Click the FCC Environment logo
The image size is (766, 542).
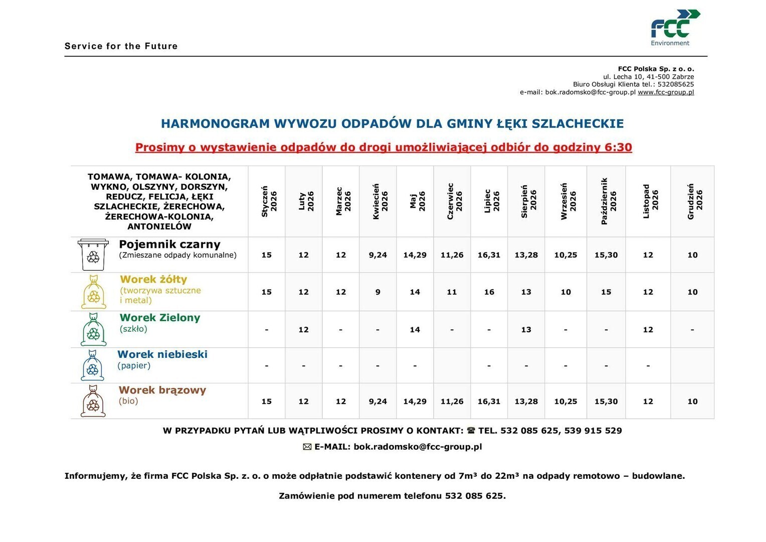pos(675,27)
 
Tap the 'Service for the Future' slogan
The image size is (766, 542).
pos(121,46)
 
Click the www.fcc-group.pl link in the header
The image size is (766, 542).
pos(666,92)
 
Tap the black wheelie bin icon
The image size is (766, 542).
pos(93,254)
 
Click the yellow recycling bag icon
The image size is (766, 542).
pos(94,292)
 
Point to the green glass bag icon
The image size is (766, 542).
pos(94,329)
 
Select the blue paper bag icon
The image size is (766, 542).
pos(93,365)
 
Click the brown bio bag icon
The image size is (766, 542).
pos(93,401)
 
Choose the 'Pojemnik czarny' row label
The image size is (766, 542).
pos(169,244)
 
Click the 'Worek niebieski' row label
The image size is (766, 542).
pos(162,354)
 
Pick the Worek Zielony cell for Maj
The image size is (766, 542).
pos(415,330)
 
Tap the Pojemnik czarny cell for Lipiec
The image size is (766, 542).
pos(489,255)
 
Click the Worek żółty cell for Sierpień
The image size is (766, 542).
pos(526,292)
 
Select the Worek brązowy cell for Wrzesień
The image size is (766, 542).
pos(565,401)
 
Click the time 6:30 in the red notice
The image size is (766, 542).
pos(618,148)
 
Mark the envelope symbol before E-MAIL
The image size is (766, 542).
pos(307,447)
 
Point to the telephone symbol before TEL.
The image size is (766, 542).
pos(471,431)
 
